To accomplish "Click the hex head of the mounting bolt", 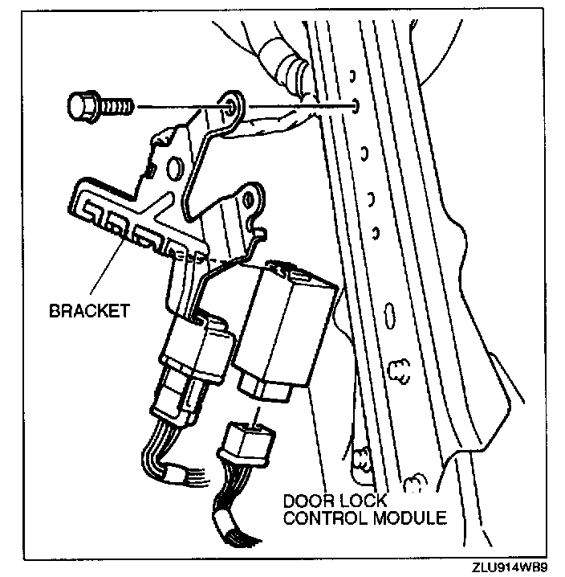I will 80,105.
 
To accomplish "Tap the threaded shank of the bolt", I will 116,105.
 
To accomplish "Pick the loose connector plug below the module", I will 246,444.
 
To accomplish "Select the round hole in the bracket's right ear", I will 252,198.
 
